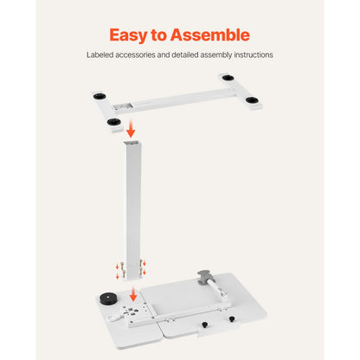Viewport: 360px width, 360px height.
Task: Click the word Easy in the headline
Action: [128, 35]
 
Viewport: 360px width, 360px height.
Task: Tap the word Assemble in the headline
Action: [212, 35]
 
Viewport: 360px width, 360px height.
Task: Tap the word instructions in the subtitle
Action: [253, 55]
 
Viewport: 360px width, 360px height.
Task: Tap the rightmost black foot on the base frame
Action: [254, 101]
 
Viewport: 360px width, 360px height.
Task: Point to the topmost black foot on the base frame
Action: [228, 79]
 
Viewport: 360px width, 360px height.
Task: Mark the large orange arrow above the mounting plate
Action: [132, 295]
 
